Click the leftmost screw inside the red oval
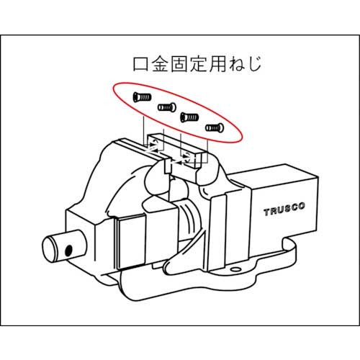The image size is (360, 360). point(140,96)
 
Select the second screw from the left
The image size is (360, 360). point(167,107)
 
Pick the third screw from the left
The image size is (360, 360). point(189,115)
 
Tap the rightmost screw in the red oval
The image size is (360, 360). point(214,127)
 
